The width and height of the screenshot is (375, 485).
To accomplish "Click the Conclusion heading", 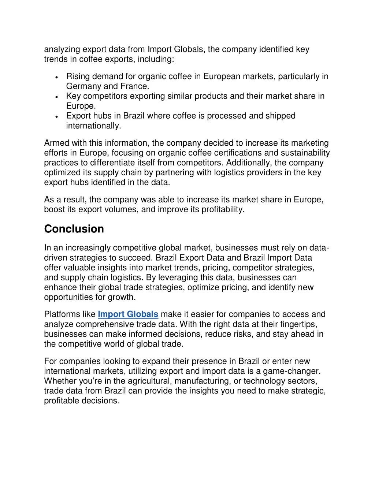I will [74, 229].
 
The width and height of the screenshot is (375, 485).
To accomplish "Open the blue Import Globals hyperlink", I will [128, 314].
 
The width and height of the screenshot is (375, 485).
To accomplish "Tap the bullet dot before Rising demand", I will [56, 77].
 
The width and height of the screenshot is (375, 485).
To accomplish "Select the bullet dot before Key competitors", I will [56, 97].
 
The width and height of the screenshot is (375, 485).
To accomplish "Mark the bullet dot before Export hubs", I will [56, 117].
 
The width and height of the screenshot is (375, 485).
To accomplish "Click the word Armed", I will [56, 143].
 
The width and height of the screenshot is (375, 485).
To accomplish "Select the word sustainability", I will [305, 153].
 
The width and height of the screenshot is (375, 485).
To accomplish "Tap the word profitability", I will [220, 209].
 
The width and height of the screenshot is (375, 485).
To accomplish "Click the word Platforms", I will [59, 314].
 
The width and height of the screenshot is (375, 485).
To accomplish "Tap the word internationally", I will [93, 126].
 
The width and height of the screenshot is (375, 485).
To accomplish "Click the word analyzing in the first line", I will [62, 49].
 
